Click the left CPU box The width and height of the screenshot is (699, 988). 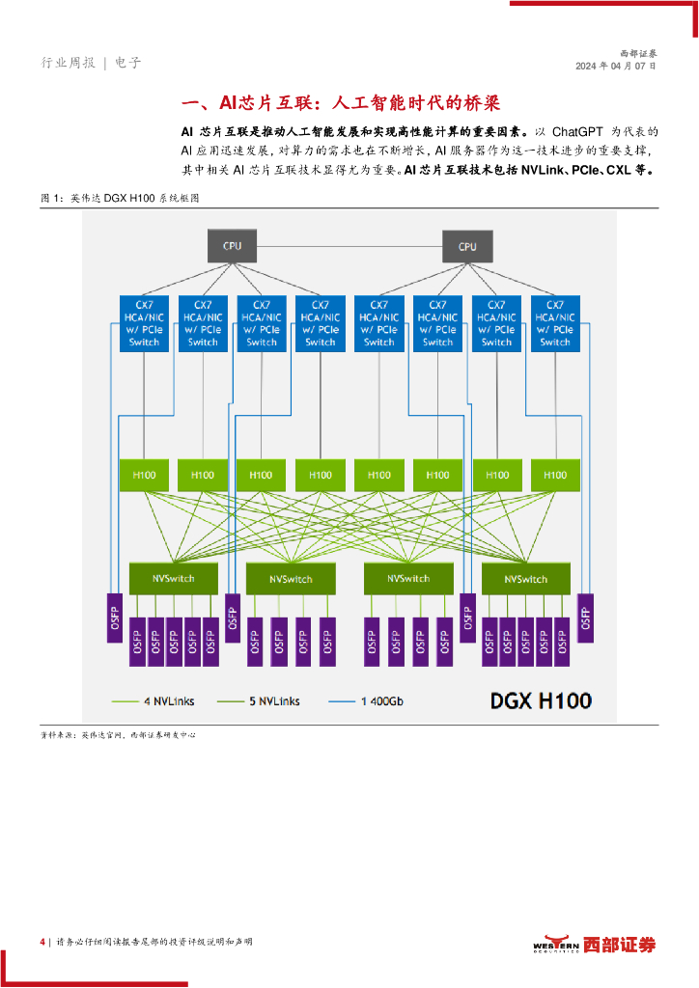232,246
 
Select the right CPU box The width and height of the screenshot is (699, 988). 467,246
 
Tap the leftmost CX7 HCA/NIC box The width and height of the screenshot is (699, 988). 145,323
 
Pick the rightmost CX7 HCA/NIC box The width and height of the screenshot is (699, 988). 555,323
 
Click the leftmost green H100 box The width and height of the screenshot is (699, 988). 145,475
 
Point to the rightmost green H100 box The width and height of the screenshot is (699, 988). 555,475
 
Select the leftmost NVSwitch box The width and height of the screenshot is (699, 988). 174,579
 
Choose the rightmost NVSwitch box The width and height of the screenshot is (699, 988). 525,579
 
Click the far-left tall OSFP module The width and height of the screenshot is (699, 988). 115,618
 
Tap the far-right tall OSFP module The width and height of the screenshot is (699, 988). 585,618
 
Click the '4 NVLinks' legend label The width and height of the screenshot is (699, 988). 169,701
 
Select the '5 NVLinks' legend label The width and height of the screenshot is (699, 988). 274,701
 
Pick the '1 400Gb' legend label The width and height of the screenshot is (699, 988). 382,701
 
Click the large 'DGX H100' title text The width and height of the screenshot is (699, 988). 541,700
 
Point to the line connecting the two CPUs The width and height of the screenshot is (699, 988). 349,246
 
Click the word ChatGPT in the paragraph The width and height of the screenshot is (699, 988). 577,131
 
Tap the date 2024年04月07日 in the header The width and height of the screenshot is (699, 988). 616,67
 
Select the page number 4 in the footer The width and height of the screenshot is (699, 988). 42,942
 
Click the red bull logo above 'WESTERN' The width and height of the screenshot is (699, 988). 557,940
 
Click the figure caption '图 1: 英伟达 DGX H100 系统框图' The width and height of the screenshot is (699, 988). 120,198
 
